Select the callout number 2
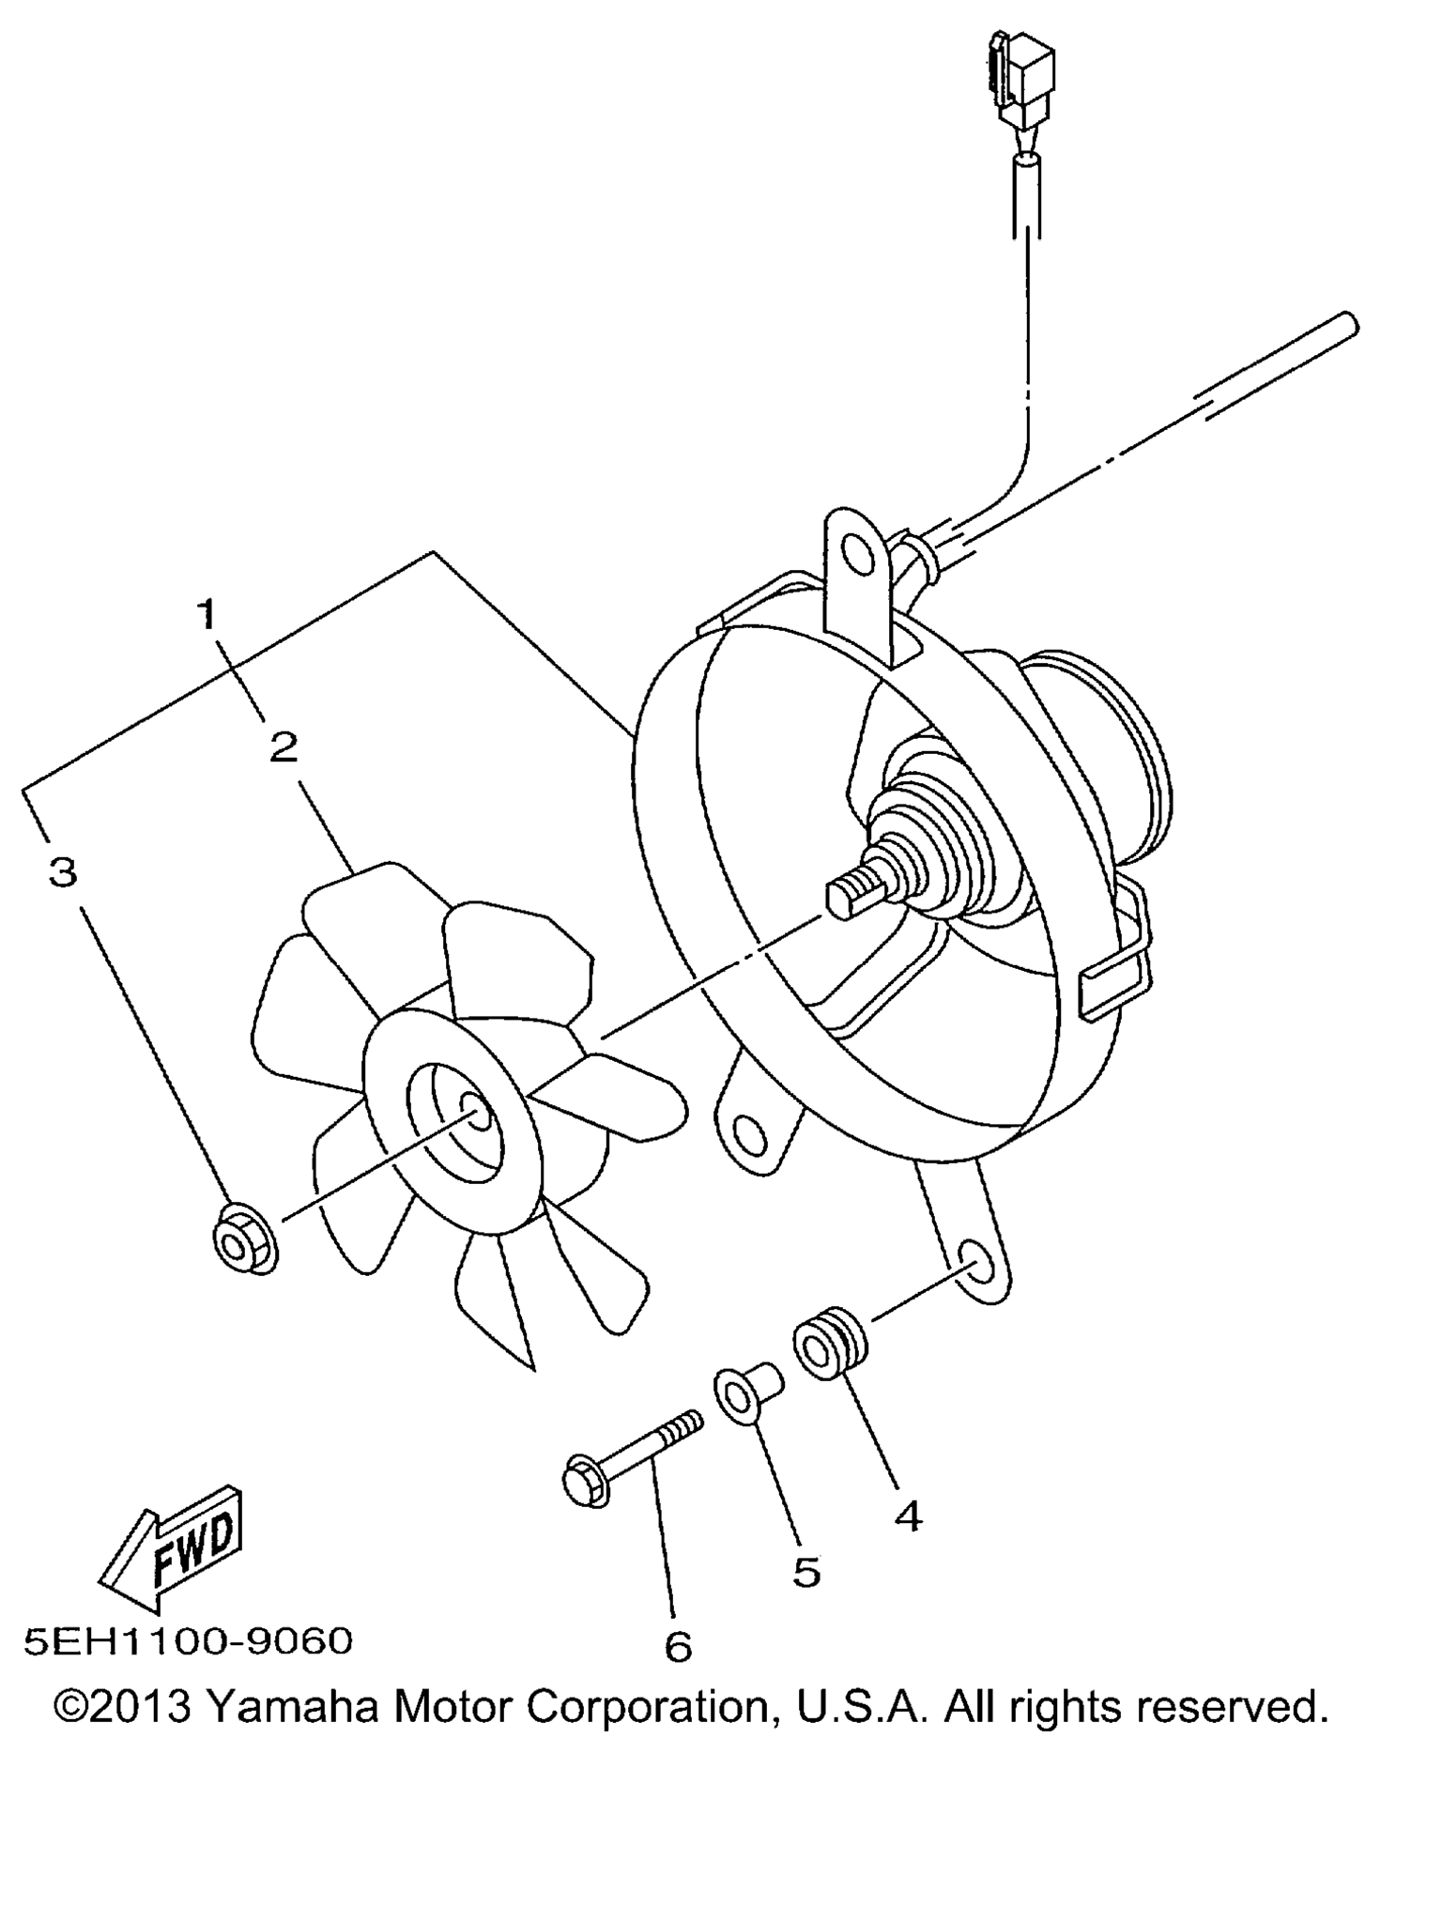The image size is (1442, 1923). tap(284, 747)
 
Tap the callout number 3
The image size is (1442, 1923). tap(63, 872)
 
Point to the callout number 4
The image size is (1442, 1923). tap(908, 1516)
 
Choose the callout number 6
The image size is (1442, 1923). tap(678, 1646)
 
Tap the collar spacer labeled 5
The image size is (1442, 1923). tap(747, 1393)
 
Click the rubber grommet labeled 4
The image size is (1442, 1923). tap(831, 1348)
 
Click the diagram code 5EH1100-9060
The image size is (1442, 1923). tap(189, 1641)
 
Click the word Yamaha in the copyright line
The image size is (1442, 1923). tap(290, 1706)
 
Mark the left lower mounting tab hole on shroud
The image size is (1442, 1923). tap(748, 1136)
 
